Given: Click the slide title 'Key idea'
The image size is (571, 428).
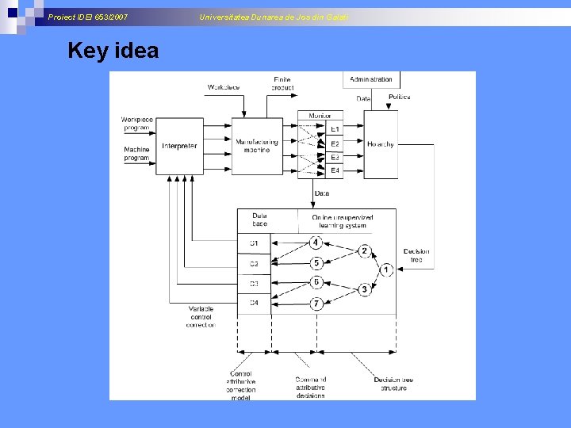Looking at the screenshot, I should [x=113, y=51].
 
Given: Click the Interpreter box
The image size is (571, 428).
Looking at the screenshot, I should [x=179, y=146].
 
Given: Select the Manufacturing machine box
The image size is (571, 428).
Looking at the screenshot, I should [x=258, y=146].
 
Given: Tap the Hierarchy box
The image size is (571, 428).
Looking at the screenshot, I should [x=381, y=144].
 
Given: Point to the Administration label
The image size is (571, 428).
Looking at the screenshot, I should [x=371, y=79].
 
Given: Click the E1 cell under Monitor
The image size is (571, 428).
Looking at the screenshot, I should [x=335, y=128].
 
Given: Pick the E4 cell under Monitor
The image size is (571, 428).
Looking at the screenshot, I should [x=335, y=170].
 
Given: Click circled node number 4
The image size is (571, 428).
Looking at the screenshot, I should [x=316, y=243].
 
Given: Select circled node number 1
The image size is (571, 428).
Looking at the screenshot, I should [x=385, y=270].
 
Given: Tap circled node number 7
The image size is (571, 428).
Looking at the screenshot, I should [x=316, y=304].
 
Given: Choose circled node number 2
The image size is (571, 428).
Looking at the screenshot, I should [x=364, y=251].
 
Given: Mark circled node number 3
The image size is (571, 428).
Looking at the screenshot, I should [x=364, y=290].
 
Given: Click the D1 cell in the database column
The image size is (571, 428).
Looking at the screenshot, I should [x=254, y=243].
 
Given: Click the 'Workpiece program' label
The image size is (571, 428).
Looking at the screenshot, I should [x=136, y=123].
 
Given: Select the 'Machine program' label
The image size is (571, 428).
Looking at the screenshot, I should [x=136, y=154].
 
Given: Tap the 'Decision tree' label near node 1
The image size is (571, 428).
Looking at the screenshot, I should [x=416, y=256].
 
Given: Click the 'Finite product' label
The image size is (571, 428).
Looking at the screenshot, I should [x=282, y=83].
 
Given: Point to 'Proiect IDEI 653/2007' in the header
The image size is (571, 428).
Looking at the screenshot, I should [x=87, y=17].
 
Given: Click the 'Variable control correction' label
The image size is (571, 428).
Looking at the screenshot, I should [x=201, y=317].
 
